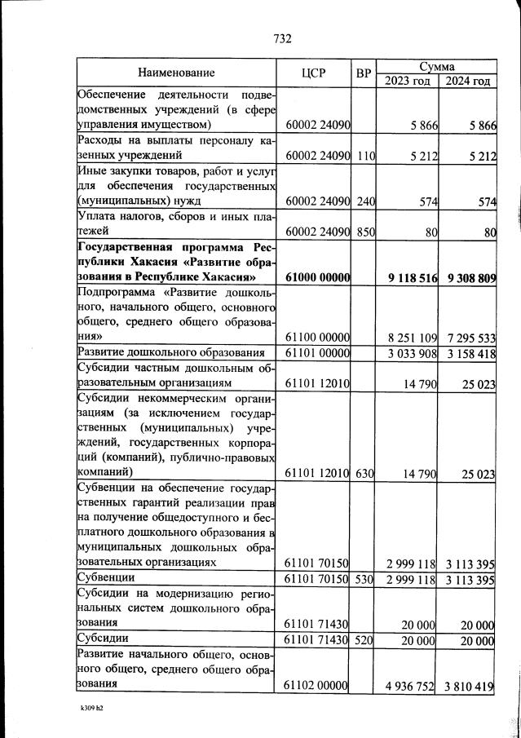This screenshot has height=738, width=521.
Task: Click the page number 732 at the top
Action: pyautogui.click(x=282, y=38)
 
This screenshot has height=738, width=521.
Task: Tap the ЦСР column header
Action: pyautogui.click(x=313, y=73)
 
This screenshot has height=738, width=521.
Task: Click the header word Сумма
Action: pyautogui.click(x=436, y=65)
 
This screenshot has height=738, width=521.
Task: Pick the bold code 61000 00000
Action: pyautogui.click(x=318, y=277)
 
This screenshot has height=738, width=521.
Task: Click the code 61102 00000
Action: pyautogui.click(x=318, y=686)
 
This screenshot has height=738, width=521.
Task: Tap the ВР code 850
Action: pyautogui.click(x=364, y=232)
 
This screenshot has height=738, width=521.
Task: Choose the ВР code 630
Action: pyautogui.click(x=364, y=472)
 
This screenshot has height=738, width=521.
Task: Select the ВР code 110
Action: pyautogui.click(x=364, y=154)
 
